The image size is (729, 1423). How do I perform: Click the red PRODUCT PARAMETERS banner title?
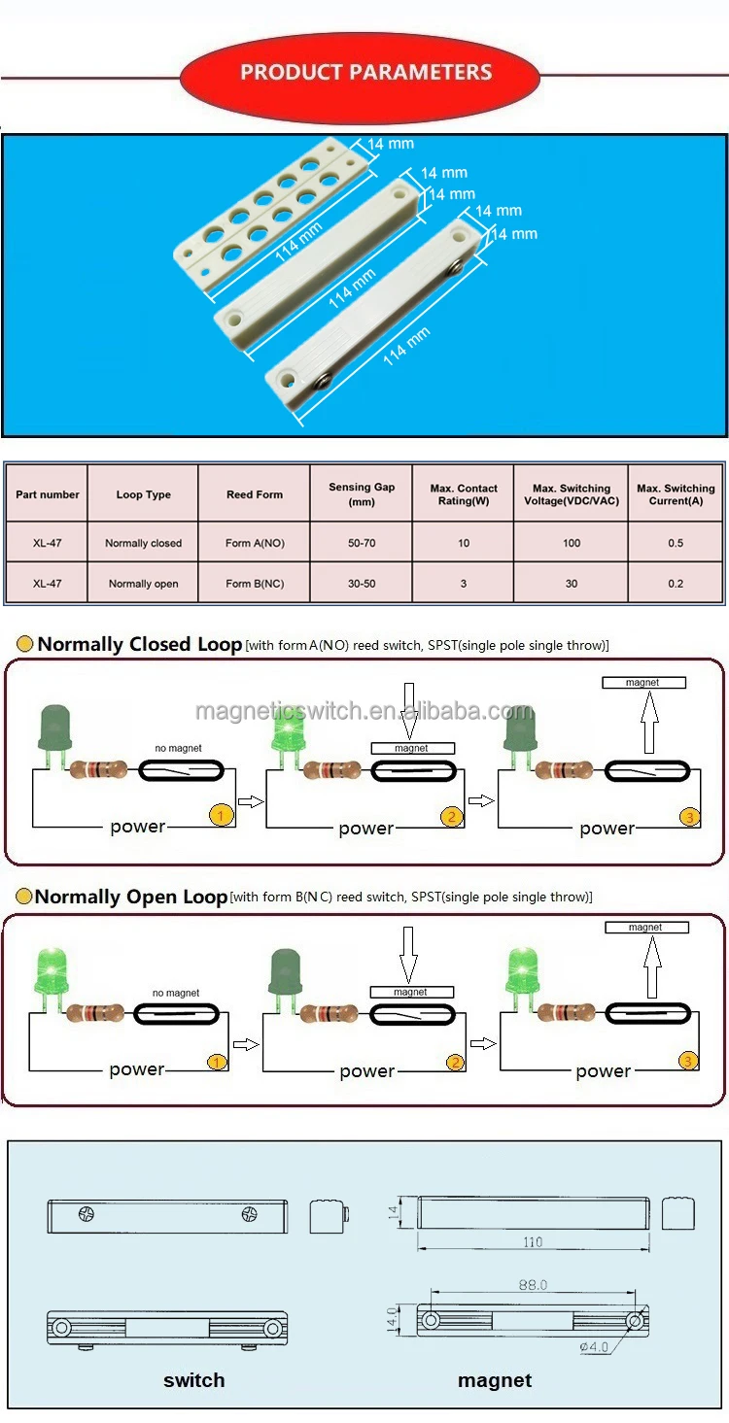click(365, 73)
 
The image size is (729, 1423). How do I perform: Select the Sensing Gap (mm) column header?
click(362, 494)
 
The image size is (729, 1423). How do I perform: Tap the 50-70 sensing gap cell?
click(362, 543)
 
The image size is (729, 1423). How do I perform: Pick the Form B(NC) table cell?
click(255, 584)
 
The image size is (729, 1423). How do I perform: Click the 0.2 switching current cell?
click(676, 584)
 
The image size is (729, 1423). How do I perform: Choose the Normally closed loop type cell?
click(143, 543)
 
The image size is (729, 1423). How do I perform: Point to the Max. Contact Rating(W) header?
click(464, 494)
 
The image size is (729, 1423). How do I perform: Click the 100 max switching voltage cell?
click(572, 543)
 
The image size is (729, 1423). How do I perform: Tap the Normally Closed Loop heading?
click(139, 645)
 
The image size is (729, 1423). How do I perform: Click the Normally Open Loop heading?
click(131, 898)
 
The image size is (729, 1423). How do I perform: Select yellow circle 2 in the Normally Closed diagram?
click(452, 817)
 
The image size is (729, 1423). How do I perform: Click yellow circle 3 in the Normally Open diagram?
click(688, 1061)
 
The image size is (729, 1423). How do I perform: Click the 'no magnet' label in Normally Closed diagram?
click(179, 749)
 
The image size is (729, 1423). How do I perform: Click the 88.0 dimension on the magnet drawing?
click(533, 1285)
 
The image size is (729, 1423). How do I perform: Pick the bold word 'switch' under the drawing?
click(194, 1380)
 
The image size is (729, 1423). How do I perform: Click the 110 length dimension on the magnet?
click(533, 1242)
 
